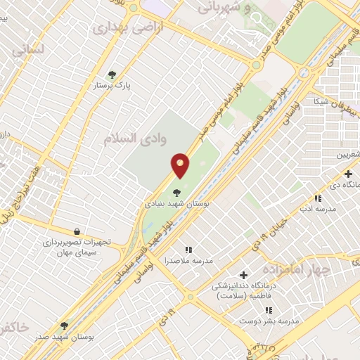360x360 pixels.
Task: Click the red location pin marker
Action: [181, 165]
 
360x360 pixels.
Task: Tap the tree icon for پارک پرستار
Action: [112, 74]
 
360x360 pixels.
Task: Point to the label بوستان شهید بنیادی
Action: [176, 203]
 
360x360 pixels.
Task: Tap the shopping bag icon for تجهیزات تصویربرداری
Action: [77, 231]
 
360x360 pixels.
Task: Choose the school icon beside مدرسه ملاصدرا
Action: [188, 249]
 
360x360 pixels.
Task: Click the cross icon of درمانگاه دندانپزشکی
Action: [244, 275]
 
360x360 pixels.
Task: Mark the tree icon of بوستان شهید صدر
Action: [64, 326]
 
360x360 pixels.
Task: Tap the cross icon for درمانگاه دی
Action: [348, 173]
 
